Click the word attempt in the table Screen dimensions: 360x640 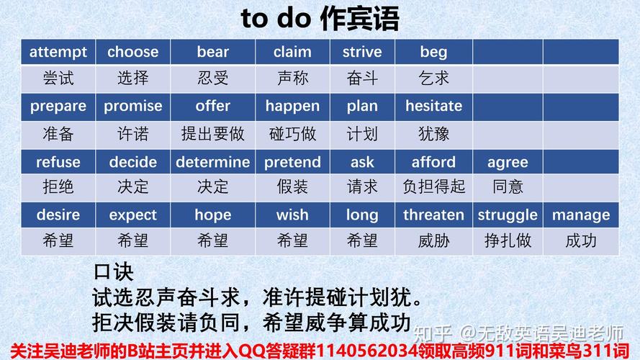click(58, 52)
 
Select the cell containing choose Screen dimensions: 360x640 click(132, 52)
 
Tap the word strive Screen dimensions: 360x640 click(361, 52)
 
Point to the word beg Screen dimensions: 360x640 click(433, 52)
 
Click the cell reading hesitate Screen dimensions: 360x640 click(433, 106)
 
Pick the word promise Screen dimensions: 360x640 click(132, 106)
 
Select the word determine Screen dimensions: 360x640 click(213, 162)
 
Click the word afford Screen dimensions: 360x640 click(433, 162)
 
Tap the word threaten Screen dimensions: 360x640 click(433, 215)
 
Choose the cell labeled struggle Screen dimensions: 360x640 click(508, 215)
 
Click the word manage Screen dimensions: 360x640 click(581, 215)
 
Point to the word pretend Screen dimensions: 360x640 click(292, 162)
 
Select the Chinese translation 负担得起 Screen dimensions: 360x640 click(433, 187)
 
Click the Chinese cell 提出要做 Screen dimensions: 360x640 click(213, 133)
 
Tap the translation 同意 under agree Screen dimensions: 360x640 click(508, 187)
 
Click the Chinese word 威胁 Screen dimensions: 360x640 click(433, 240)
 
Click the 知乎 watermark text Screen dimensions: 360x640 click(435, 333)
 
